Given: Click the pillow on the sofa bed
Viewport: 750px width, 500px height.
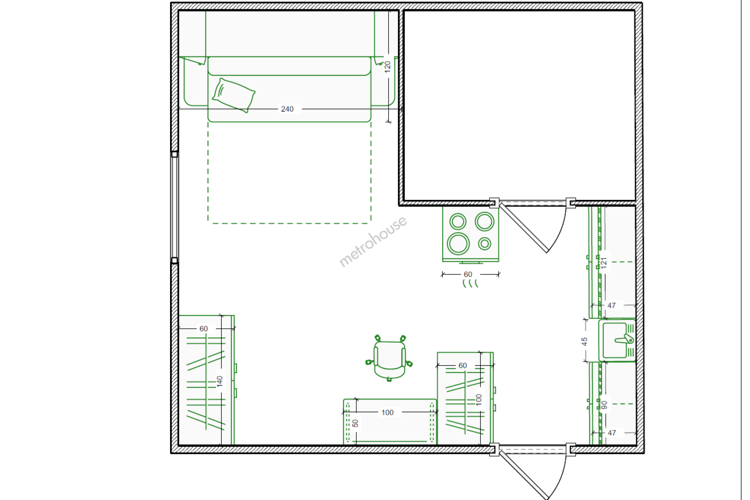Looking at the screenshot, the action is tap(234, 95).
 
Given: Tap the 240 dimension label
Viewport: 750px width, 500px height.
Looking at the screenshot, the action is tap(287, 109).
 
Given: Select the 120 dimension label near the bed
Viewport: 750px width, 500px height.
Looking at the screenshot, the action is tap(388, 67).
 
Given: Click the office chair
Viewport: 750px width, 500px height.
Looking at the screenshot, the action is tap(389, 358).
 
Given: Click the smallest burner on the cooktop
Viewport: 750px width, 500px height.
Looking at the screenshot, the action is tap(484, 244).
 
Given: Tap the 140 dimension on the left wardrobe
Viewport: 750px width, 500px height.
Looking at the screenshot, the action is tap(220, 381).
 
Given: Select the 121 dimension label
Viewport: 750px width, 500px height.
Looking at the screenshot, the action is tap(604, 263).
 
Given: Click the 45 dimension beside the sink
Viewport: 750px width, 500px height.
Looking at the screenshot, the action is tap(584, 342).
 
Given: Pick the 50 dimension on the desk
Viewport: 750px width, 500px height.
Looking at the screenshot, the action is tap(356, 424).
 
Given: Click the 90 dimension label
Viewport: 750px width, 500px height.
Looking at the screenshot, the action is tap(604, 405).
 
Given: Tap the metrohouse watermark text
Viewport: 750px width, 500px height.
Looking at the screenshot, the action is tap(373, 241).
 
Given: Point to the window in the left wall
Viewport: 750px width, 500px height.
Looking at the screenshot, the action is tap(174, 207).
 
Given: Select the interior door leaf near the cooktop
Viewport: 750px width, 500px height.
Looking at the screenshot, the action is tap(524, 228).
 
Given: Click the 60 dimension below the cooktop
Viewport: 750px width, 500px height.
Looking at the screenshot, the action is tap(468, 275).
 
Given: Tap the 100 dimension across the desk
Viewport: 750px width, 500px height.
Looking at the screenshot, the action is tap(388, 412).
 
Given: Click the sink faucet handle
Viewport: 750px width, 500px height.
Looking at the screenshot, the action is tap(624, 340).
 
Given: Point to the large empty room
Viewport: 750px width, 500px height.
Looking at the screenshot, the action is tap(519, 106).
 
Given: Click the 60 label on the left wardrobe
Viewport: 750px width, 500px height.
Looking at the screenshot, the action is tap(203, 329).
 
